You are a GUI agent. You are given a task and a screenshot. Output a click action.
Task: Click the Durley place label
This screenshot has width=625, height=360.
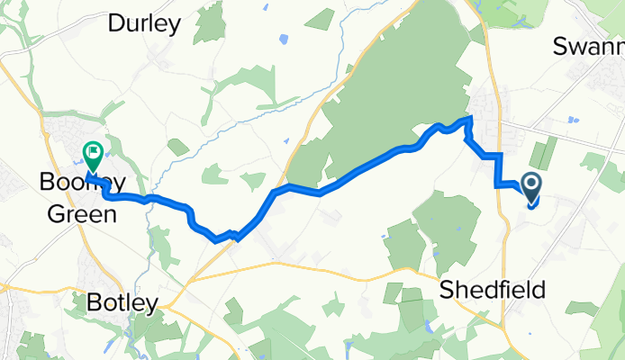click(144, 24)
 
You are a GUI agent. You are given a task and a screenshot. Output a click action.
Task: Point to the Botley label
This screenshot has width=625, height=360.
click(122, 303)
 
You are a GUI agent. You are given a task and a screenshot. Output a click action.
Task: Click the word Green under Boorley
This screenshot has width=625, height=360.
click(78, 214)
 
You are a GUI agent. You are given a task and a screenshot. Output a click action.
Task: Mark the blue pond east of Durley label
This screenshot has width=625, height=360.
click(285, 39)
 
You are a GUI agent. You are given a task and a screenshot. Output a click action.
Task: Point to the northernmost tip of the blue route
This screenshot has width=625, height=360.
click(469, 119)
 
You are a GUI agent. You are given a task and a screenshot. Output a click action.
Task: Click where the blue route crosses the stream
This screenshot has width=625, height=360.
click(149, 198)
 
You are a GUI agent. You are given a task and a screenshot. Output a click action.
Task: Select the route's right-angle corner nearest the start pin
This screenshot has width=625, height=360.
click(497, 184)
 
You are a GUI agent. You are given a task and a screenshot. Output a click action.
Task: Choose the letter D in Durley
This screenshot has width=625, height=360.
click(115, 24)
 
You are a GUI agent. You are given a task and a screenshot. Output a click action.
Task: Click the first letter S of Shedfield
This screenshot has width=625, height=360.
click(447, 291)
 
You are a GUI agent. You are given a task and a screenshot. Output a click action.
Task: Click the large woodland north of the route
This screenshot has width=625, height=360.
click(396, 90)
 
